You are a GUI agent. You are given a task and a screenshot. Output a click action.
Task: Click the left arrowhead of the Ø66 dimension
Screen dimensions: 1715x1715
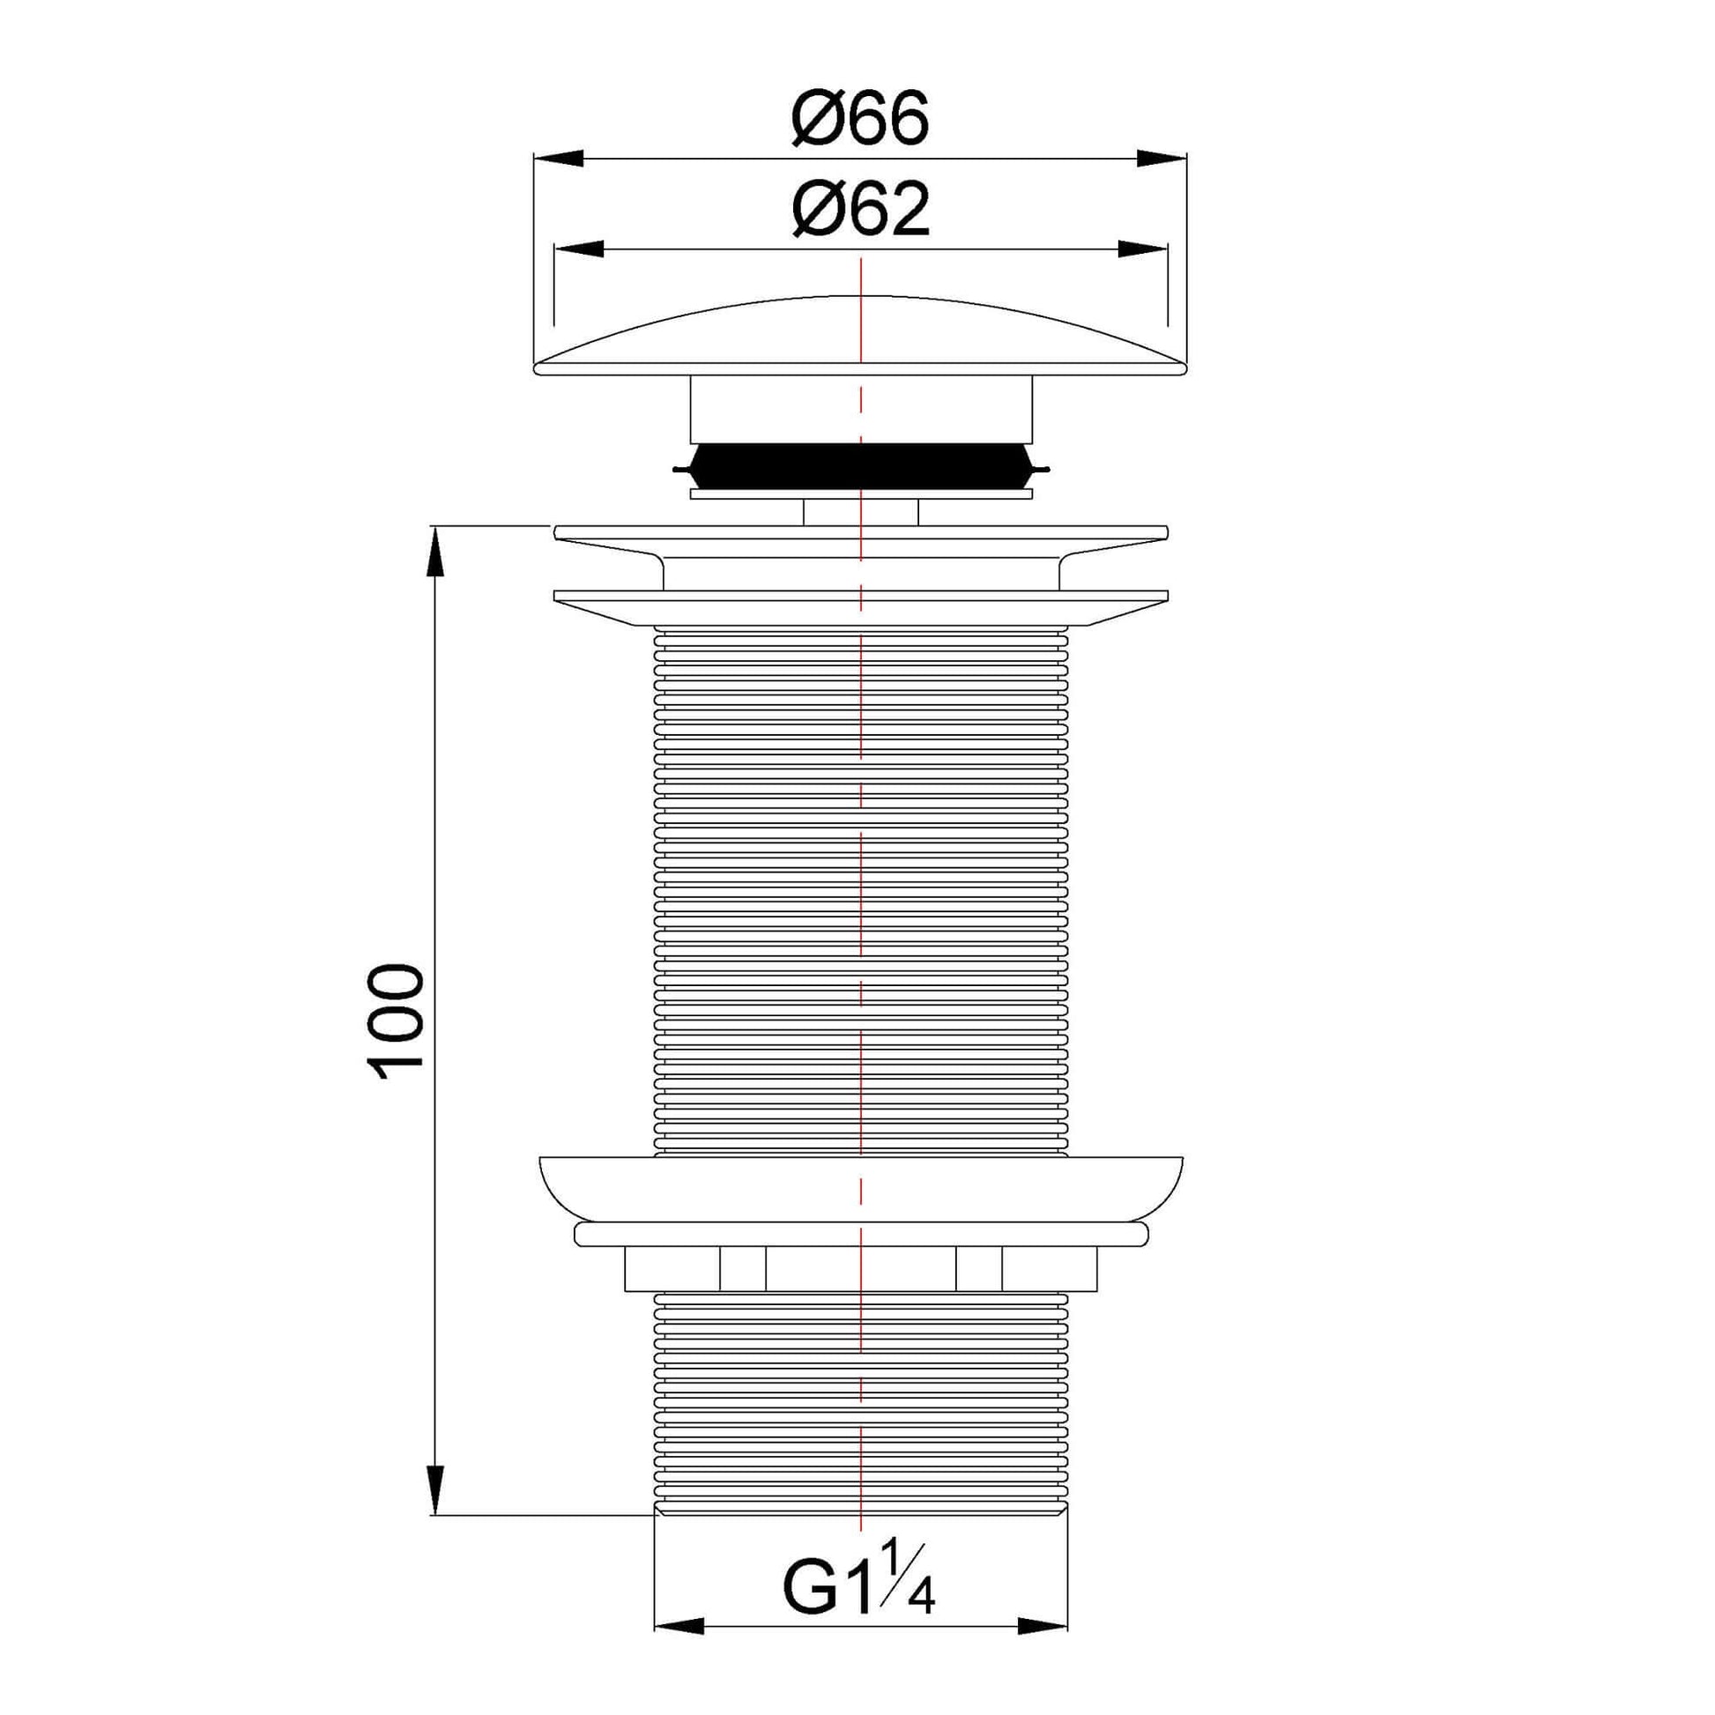(560, 159)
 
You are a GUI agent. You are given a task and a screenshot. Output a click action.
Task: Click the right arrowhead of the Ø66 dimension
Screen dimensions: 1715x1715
(1161, 159)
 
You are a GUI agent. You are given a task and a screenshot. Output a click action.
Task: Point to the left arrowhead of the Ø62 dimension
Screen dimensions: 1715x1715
(579, 249)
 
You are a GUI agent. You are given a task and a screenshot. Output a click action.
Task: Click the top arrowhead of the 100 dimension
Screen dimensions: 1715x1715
(435, 553)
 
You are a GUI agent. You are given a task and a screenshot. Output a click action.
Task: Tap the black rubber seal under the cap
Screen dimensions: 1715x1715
(859, 467)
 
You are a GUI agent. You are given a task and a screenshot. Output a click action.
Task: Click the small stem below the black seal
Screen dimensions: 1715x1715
(859, 513)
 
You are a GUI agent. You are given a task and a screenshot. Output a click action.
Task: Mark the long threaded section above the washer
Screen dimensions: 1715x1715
(859, 887)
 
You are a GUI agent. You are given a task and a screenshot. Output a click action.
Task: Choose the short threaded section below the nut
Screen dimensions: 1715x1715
(859, 1402)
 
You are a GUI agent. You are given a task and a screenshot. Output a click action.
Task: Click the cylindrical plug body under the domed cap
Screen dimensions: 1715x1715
(859, 408)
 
